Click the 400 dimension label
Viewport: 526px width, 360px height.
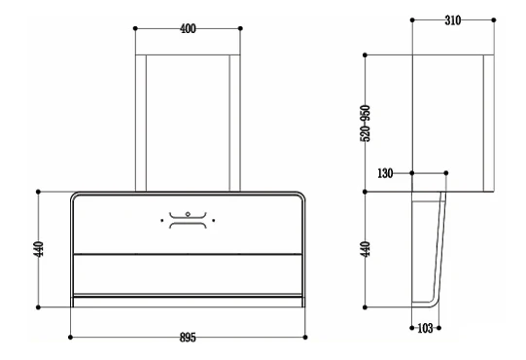188,29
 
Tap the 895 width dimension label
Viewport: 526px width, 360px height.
188,338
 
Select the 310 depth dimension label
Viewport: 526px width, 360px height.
453,20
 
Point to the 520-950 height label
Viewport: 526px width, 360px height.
366,124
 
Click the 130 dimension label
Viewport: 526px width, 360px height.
385,173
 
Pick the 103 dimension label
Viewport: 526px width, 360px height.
425,328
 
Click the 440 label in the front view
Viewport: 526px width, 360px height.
39,249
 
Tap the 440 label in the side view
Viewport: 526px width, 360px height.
366,249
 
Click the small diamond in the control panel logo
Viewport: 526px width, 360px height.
188,214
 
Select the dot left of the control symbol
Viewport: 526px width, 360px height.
162,221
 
